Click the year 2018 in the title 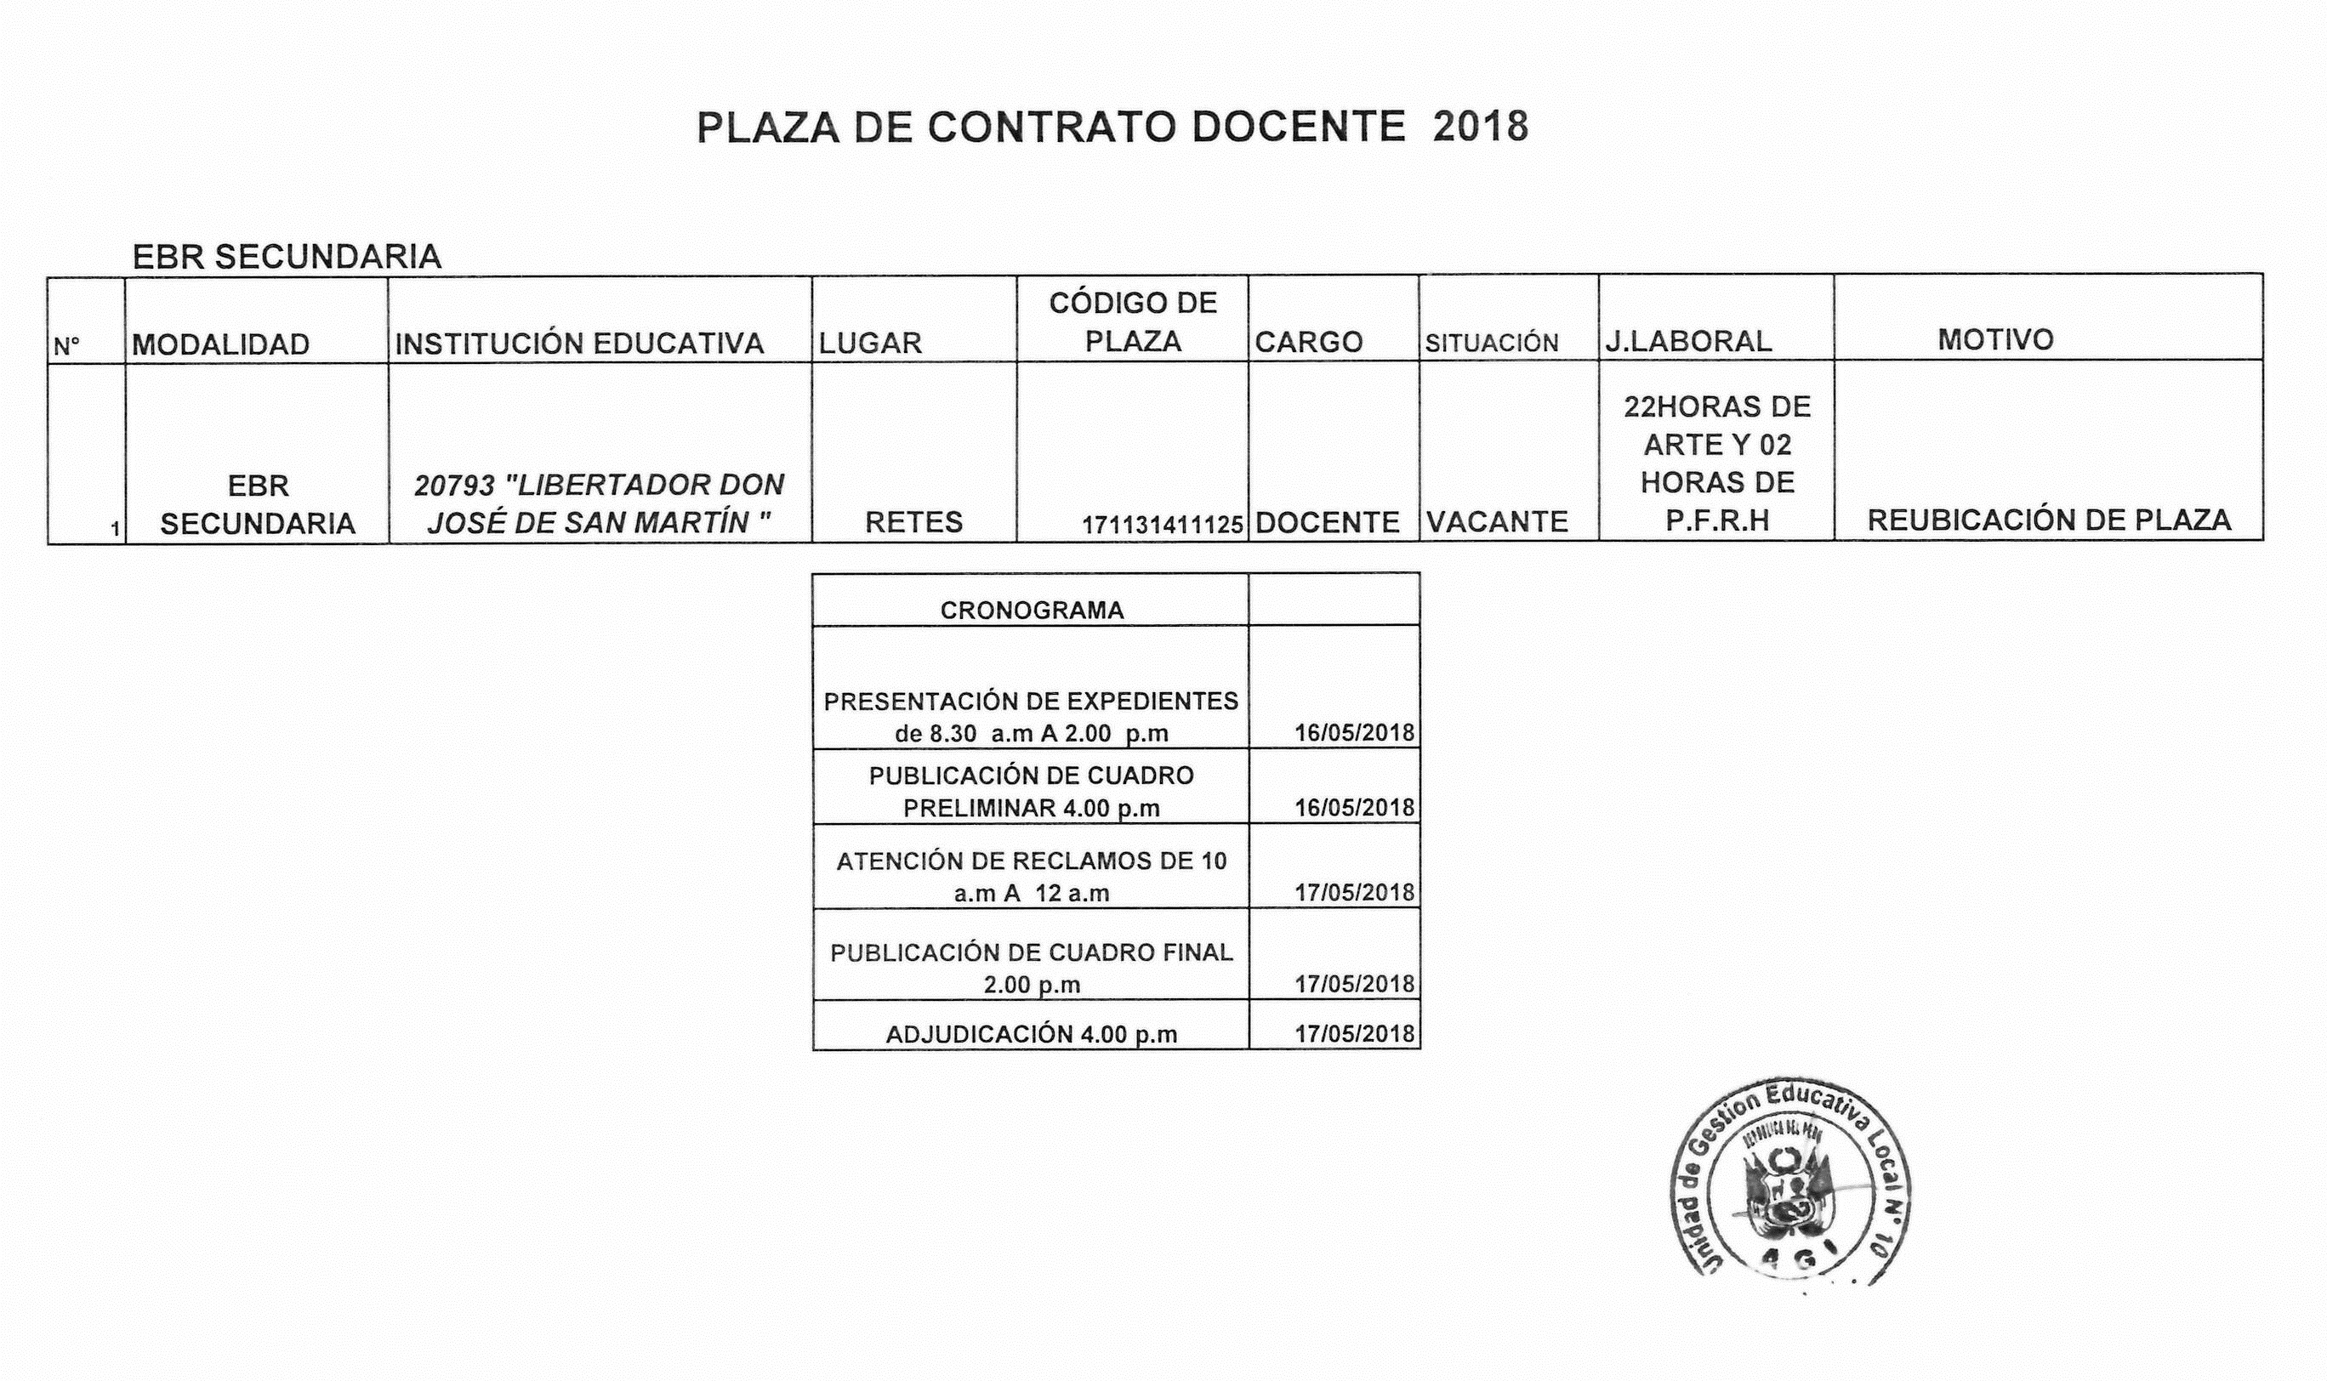click(1480, 128)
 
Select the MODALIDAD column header click(220, 344)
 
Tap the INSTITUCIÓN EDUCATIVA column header click(579, 344)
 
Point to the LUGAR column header click(870, 344)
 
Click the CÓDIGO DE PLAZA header click(1133, 322)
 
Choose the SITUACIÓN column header click(1491, 344)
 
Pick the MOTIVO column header click(1995, 339)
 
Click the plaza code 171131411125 click(1163, 526)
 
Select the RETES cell click(913, 522)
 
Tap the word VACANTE click(1497, 522)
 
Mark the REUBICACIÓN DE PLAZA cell click(2049, 520)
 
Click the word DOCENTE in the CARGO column click(1328, 523)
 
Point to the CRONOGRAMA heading click(1032, 611)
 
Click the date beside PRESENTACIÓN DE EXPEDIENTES click(1354, 732)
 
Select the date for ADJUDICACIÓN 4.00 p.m click(1354, 1034)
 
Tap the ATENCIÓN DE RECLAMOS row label click(1032, 877)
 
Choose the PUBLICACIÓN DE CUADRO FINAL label click(1032, 968)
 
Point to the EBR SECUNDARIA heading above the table click(287, 257)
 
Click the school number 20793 click(454, 485)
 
